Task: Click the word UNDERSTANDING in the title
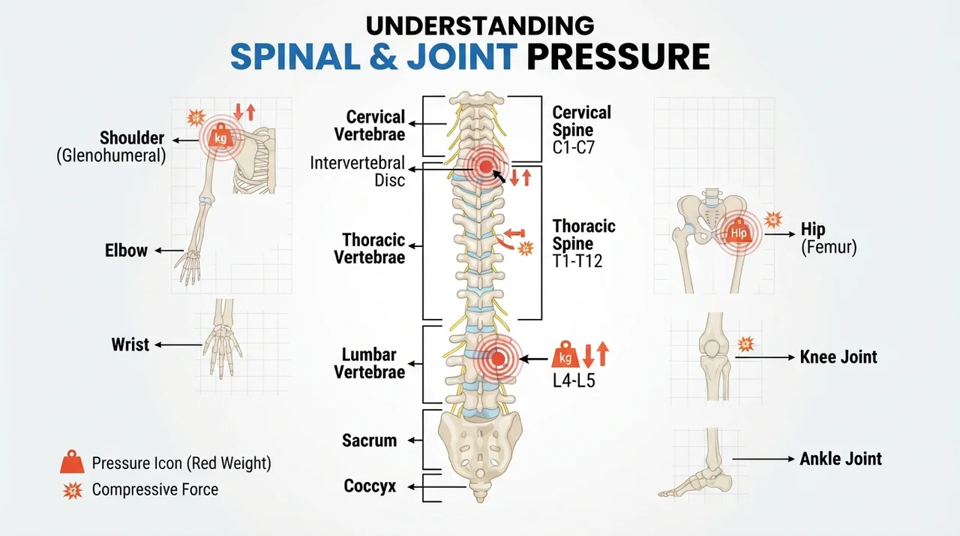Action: pyautogui.click(x=479, y=26)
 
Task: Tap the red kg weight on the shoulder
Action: pyautogui.click(x=220, y=136)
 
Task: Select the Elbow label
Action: pyautogui.click(x=126, y=251)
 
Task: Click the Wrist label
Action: pyautogui.click(x=130, y=345)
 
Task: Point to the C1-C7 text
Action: pyautogui.click(x=574, y=147)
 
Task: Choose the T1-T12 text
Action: pyautogui.click(x=577, y=260)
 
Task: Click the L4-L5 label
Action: pyautogui.click(x=574, y=381)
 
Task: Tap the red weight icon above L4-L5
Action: pyautogui.click(x=565, y=354)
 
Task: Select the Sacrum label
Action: pyautogui.click(x=370, y=441)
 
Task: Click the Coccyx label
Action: pyautogui.click(x=370, y=486)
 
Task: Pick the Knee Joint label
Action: pyautogui.click(x=838, y=357)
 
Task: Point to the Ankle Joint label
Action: pyautogui.click(x=841, y=459)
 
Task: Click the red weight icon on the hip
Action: pyautogui.click(x=739, y=231)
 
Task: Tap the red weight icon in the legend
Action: pyautogui.click(x=72, y=462)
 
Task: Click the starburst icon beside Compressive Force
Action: pyautogui.click(x=73, y=490)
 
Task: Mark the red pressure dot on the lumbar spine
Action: pyautogui.click(x=497, y=359)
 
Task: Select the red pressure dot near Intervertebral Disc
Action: pyautogui.click(x=485, y=167)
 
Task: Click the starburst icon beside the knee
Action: pyautogui.click(x=746, y=344)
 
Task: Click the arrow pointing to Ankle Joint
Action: pyautogui.click(x=763, y=459)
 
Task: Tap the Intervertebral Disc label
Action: pyautogui.click(x=358, y=171)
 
